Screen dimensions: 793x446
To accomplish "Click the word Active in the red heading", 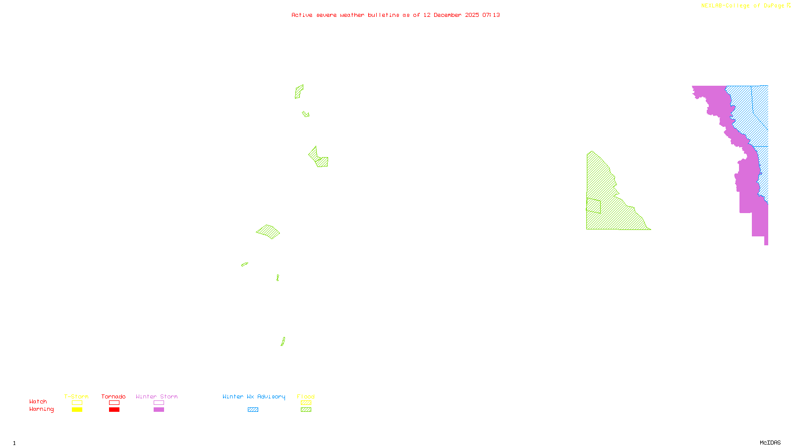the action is pos(302,15).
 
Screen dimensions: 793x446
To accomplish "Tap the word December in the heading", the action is pos(448,15).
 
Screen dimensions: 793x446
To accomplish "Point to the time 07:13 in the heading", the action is pos(491,15).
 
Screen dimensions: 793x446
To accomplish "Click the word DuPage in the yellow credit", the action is pos(774,5).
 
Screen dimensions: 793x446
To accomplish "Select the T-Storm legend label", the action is pos(76,396).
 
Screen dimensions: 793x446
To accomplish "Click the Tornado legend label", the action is pos(113,396).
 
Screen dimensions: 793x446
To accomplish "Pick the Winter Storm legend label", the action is pos(157,396).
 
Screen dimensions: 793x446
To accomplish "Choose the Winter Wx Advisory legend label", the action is pos(254,396).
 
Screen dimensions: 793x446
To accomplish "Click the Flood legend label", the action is pos(306,396).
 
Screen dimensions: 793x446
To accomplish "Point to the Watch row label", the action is pos(38,401).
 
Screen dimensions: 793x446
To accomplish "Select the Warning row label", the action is pos(42,409).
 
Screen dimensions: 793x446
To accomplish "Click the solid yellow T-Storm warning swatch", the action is pos(77,410).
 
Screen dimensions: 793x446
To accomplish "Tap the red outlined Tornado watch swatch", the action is pos(114,403).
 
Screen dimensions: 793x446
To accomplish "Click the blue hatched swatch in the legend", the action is pos(253,410).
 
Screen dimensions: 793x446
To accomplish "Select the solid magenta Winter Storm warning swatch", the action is pos(159,410).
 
